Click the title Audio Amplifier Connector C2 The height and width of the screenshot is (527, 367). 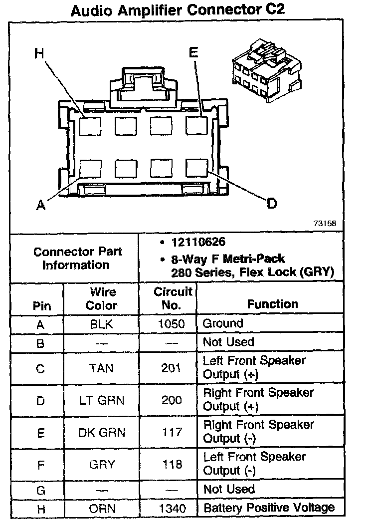[178, 10]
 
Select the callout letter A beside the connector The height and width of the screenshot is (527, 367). [40, 205]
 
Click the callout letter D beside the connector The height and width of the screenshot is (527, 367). [271, 204]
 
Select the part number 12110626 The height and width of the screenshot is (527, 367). [198, 243]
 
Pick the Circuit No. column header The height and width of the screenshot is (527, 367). [173, 298]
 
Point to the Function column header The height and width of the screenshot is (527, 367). [272, 304]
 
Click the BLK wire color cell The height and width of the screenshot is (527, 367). [102, 324]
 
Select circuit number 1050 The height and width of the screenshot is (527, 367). [172, 324]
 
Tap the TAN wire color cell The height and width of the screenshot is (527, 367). [102, 368]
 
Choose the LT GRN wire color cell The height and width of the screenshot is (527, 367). [102, 400]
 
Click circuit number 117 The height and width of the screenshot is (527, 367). [172, 432]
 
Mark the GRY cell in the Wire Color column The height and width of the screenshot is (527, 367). [102, 465]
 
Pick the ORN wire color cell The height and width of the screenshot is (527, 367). [102, 509]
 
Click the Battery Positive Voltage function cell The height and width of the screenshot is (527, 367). [269, 508]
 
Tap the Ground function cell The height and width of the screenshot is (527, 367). [222, 323]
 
